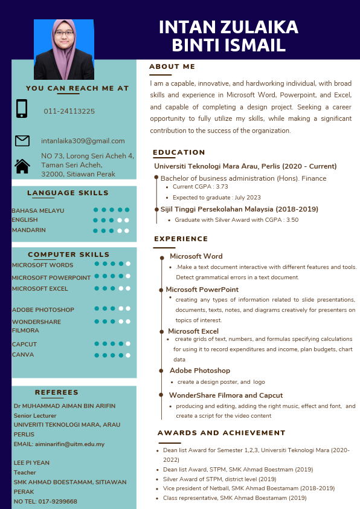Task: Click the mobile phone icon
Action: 22,108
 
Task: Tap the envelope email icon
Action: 22,141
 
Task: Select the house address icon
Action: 22,166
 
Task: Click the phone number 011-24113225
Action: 69,111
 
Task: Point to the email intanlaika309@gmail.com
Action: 83,141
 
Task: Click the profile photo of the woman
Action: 64,50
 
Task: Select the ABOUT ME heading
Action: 172,66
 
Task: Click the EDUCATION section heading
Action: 179,152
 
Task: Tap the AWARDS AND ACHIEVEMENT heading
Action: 221,433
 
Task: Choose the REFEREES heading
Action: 57,392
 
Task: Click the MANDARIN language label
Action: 29,230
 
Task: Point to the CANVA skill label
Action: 23,355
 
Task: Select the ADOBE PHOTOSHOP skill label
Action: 43,310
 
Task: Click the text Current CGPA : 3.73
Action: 201,187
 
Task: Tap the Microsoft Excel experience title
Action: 193,331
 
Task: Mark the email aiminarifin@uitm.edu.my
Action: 68,444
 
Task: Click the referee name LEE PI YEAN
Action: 31,463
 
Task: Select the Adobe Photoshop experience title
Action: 200,371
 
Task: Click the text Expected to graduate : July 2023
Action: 217,198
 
